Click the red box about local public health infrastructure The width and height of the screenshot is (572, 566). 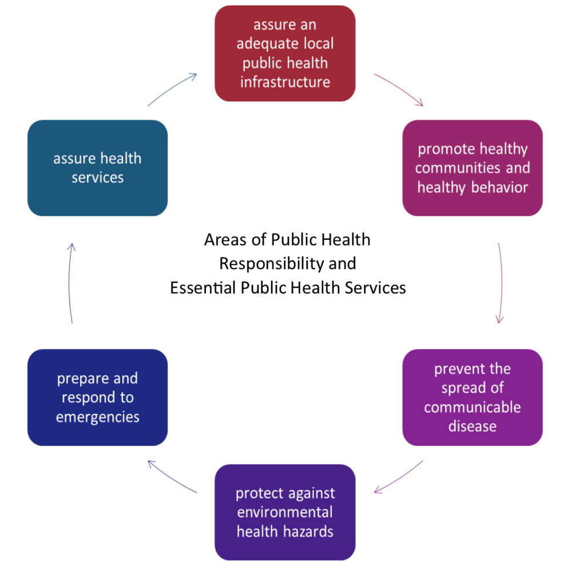coord(285,54)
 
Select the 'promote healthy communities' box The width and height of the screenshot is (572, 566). coord(472,168)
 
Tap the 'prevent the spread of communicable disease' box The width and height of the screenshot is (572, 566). coord(472,398)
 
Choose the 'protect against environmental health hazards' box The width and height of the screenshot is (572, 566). coord(285,512)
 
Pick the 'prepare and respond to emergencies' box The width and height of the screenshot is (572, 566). coord(97,398)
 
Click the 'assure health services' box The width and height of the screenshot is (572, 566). coord(97,168)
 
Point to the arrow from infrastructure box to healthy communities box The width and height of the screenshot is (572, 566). coord(399,89)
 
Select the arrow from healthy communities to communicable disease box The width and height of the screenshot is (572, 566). coord(501,283)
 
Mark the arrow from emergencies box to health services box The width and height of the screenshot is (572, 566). coord(69,283)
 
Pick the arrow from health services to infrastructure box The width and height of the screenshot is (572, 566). coord(172,89)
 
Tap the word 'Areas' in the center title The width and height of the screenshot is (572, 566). coord(219,240)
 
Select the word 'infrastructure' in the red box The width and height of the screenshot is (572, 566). coord(285,82)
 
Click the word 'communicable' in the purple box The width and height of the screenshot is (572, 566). coord(472,407)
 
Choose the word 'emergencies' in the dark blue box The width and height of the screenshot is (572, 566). coord(97,417)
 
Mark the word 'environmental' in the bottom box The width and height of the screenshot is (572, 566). coord(285,512)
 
